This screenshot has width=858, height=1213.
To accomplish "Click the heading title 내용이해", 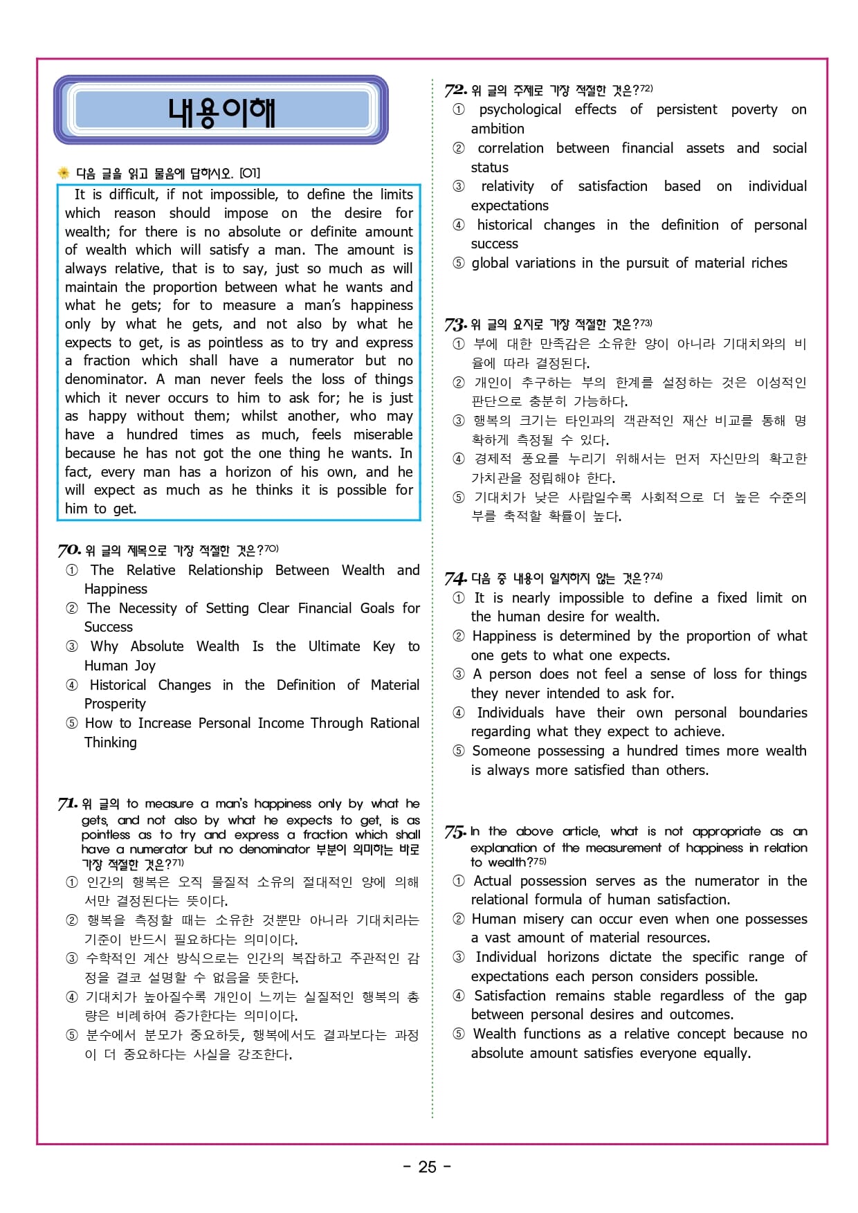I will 221,111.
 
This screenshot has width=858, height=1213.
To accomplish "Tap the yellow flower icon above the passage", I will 64,173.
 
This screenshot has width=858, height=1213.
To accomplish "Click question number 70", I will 69,550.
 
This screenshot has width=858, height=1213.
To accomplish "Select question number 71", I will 67,803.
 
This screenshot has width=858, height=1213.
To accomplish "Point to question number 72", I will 455,90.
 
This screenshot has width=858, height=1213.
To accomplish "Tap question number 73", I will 455,324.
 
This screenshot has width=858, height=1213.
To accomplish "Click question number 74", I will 455,578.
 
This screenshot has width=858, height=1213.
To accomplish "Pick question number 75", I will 455,832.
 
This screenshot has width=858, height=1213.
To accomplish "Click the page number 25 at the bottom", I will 428,1167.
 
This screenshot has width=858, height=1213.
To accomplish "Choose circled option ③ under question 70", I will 72,646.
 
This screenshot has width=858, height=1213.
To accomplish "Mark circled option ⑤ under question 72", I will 458,263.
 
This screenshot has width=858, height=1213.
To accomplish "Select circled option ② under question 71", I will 72,920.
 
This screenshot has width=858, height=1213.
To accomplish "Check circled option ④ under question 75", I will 458,996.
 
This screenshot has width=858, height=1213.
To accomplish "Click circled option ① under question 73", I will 458,344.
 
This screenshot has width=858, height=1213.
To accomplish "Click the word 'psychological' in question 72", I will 520,109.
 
